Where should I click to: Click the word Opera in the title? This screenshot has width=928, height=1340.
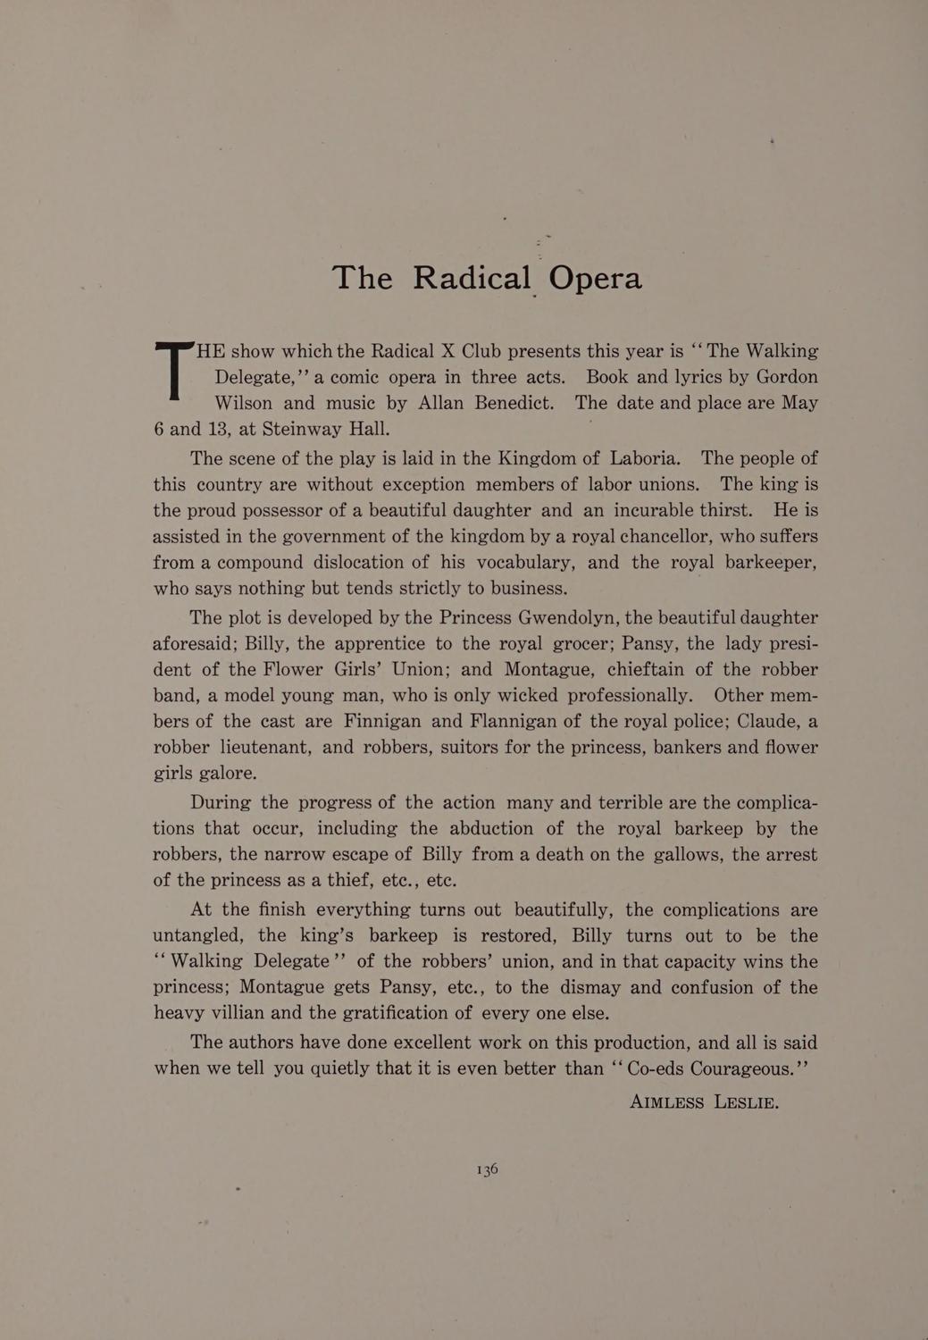(x=595, y=279)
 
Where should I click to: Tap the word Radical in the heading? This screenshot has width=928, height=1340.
(x=472, y=278)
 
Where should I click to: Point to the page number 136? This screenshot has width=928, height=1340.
(x=487, y=1168)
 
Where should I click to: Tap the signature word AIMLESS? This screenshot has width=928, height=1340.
(x=666, y=1102)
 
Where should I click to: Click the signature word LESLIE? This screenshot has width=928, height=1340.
(x=747, y=1102)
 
